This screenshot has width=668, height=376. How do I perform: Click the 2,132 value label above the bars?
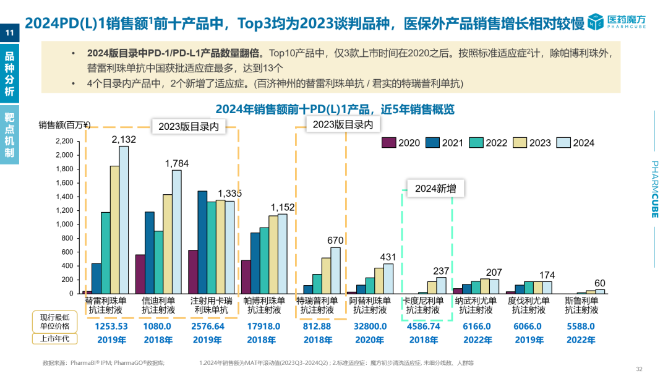pos(124,140)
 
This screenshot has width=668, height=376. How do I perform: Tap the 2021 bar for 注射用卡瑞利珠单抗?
pos(202,242)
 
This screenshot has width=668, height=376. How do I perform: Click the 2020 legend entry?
pos(401,143)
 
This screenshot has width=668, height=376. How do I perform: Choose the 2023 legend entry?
pos(533,143)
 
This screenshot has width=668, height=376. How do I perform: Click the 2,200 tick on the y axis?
pos(64,142)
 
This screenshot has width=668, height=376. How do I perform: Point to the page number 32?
pos(639,369)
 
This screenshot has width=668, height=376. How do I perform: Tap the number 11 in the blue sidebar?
pos(9,32)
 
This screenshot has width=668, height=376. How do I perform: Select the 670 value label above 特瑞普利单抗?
pos(335,240)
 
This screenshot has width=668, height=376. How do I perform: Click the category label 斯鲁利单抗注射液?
pos(582,305)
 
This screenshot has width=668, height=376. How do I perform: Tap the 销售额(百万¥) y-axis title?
pos(64,125)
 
